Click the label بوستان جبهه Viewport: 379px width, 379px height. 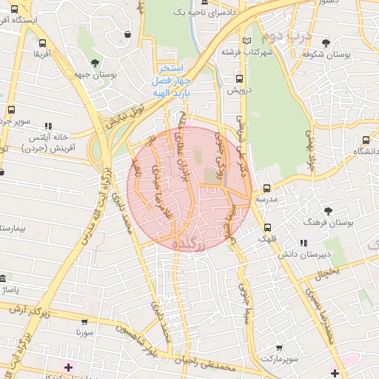(94, 75)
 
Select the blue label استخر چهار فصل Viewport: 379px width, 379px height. (172, 73)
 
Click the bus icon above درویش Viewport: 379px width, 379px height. (238, 78)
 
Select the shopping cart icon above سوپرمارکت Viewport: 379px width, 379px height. (278, 347)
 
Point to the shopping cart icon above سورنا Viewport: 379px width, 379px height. (84, 322)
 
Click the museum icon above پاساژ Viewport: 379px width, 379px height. (4, 280)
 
